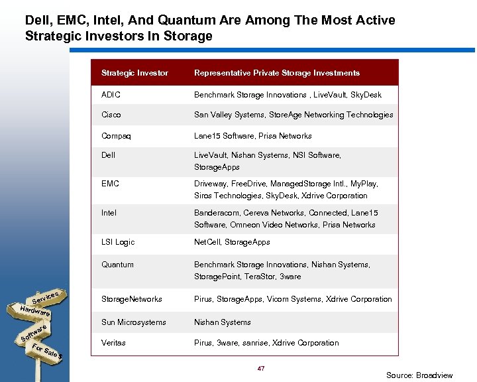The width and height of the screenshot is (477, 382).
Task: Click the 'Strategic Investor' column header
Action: click(x=134, y=73)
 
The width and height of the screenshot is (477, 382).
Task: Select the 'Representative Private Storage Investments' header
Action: click(x=276, y=73)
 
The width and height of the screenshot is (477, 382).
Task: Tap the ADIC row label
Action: click(x=111, y=95)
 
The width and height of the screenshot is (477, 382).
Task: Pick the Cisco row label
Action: click(x=111, y=115)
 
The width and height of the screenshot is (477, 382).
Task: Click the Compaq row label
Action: click(x=116, y=136)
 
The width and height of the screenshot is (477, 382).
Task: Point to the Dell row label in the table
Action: click(x=109, y=155)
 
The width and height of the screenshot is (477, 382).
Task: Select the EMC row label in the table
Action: click(x=110, y=184)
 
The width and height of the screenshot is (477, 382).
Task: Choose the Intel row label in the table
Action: click(x=109, y=213)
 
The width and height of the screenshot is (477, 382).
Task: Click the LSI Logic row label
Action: click(x=118, y=242)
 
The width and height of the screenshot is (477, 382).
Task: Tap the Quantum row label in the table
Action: click(x=117, y=265)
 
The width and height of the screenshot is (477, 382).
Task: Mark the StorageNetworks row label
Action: click(x=131, y=299)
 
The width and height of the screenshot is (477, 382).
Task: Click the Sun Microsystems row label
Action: click(x=133, y=322)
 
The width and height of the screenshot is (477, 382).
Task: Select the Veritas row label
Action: click(x=113, y=343)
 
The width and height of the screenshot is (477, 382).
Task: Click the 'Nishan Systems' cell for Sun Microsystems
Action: click(x=222, y=322)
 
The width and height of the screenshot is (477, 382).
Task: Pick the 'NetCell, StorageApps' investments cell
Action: click(x=232, y=242)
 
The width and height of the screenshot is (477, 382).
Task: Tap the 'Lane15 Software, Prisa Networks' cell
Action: click(x=252, y=136)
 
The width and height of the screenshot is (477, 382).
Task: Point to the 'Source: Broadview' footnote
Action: click(x=419, y=375)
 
